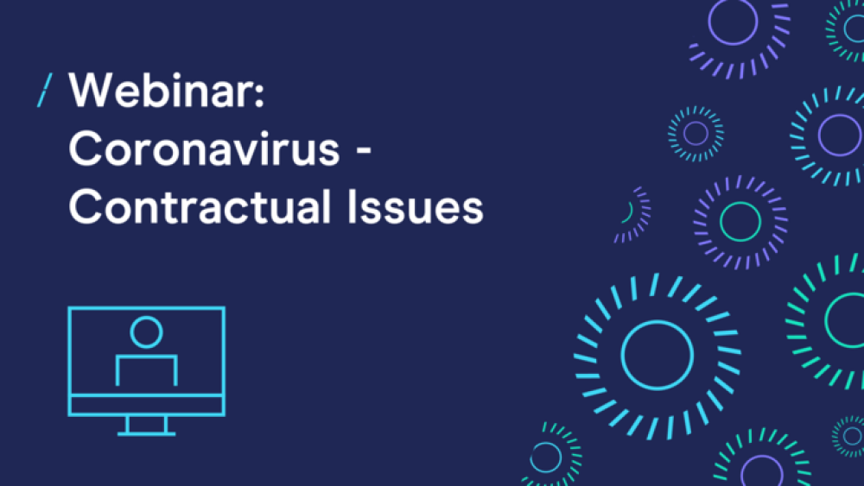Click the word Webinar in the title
[x=162, y=91]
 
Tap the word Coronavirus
[x=204, y=148]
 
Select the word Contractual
[x=200, y=206]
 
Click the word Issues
[x=416, y=207]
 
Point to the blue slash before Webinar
[x=45, y=91]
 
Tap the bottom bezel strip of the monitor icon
[x=147, y=405]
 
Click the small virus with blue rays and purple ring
[x=696, y=134]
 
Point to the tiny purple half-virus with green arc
[x=633, y=215]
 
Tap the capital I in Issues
[x=352, y=206]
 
